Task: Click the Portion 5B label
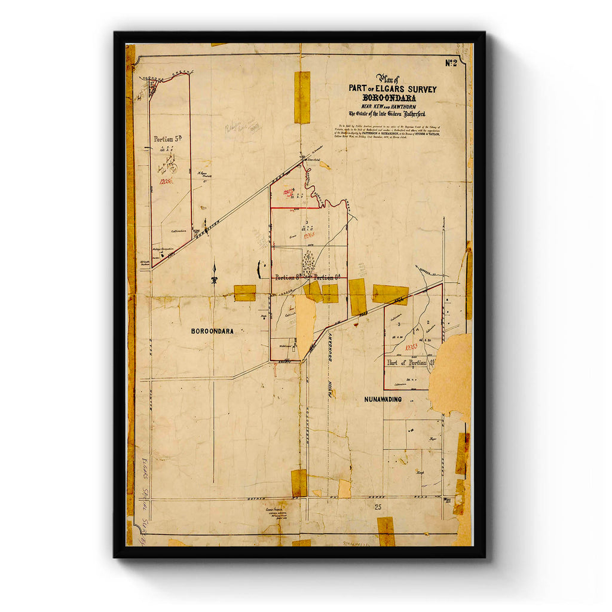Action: [167, 139]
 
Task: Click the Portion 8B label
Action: [289, 277]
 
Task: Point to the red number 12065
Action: [309, 235]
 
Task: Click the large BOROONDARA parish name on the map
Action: [212, 331]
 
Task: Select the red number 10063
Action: [411, 346]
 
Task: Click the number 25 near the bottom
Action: [378, 507]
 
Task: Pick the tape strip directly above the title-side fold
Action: [302, 97]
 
